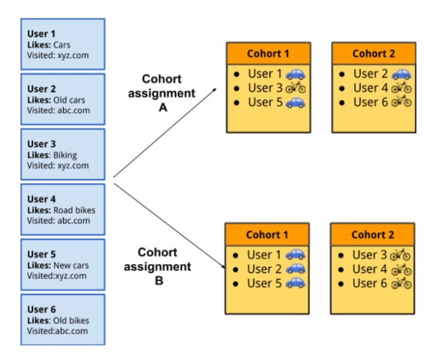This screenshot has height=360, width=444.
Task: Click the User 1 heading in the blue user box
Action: point(41,34)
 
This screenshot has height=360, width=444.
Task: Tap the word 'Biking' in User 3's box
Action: point(65,155)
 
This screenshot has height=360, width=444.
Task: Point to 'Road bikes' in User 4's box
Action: point(74,210)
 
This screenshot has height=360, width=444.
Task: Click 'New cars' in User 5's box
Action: point(71,265)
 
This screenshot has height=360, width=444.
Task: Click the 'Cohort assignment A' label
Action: point(161,93)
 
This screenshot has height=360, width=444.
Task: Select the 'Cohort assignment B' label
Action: point(158,266)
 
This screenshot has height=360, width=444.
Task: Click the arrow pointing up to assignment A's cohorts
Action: point(165,133)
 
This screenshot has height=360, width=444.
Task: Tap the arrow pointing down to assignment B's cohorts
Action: point(169,226)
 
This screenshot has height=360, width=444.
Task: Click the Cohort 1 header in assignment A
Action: point(268,53)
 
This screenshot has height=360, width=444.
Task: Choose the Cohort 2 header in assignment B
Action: point(373,235)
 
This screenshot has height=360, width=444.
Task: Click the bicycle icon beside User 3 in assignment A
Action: point(295,88)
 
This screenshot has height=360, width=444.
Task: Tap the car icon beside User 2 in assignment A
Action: point(401,74)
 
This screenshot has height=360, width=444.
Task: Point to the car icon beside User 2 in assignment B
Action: point(296,269)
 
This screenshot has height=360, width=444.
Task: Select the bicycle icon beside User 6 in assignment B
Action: point(401,283)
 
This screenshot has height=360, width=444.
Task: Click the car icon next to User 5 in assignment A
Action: point(295,103)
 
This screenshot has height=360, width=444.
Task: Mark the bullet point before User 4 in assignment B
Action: point(341,269)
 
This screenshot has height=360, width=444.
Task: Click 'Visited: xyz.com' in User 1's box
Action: point(58,55)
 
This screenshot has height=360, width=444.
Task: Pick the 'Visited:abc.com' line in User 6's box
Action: point(58,331)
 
